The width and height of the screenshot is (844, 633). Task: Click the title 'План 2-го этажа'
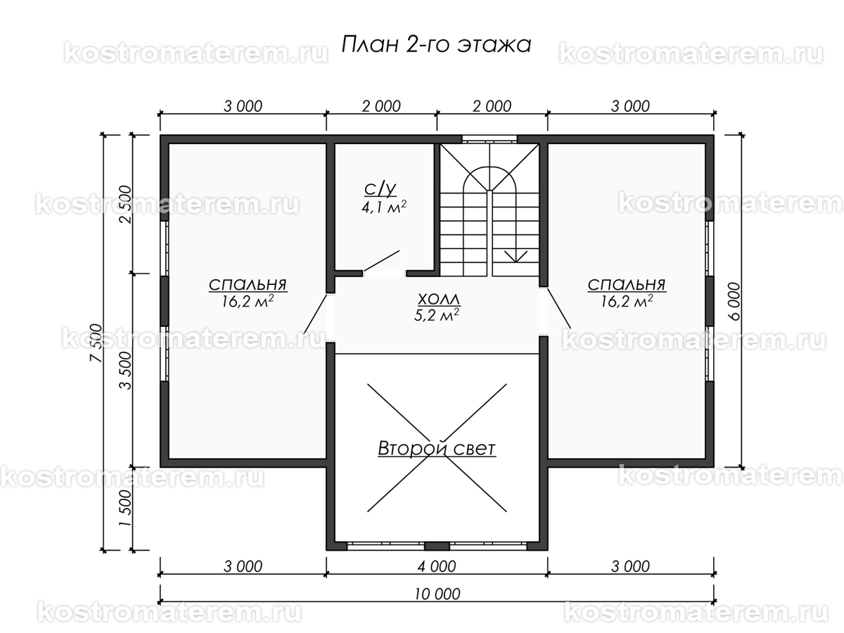[x=437, y=44]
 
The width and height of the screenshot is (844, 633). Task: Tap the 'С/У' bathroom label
[x=380, y=188]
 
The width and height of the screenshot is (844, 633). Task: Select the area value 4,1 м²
[x=384, y=207]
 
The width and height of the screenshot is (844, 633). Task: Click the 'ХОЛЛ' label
[x=439, y=299]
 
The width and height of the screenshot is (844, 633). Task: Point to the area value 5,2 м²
[x=437, y=315]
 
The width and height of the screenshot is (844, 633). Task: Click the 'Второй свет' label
[x=437, y=448]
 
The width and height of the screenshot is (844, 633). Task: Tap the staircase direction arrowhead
[x=516, y=257]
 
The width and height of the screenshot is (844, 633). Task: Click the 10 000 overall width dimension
[x=437, y=594]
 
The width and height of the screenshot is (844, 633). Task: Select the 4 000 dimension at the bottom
[x=437, y=566]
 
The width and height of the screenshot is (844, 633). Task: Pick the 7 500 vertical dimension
[x=96, y=343]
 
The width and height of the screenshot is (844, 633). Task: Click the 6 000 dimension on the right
[x=734, y=301]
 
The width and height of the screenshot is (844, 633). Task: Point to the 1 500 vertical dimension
[x=125, y=508]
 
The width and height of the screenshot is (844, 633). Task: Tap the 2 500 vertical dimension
[x=125, y=205]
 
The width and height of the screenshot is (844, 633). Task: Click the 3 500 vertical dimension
[x=125, y=371]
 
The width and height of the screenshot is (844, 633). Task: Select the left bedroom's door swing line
[x=315, y=314]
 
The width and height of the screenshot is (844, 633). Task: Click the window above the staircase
[x=489, y=139]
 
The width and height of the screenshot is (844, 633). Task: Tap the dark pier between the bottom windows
[x=437, y=546]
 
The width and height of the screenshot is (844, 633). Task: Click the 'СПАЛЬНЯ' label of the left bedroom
[x=248, y=285]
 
